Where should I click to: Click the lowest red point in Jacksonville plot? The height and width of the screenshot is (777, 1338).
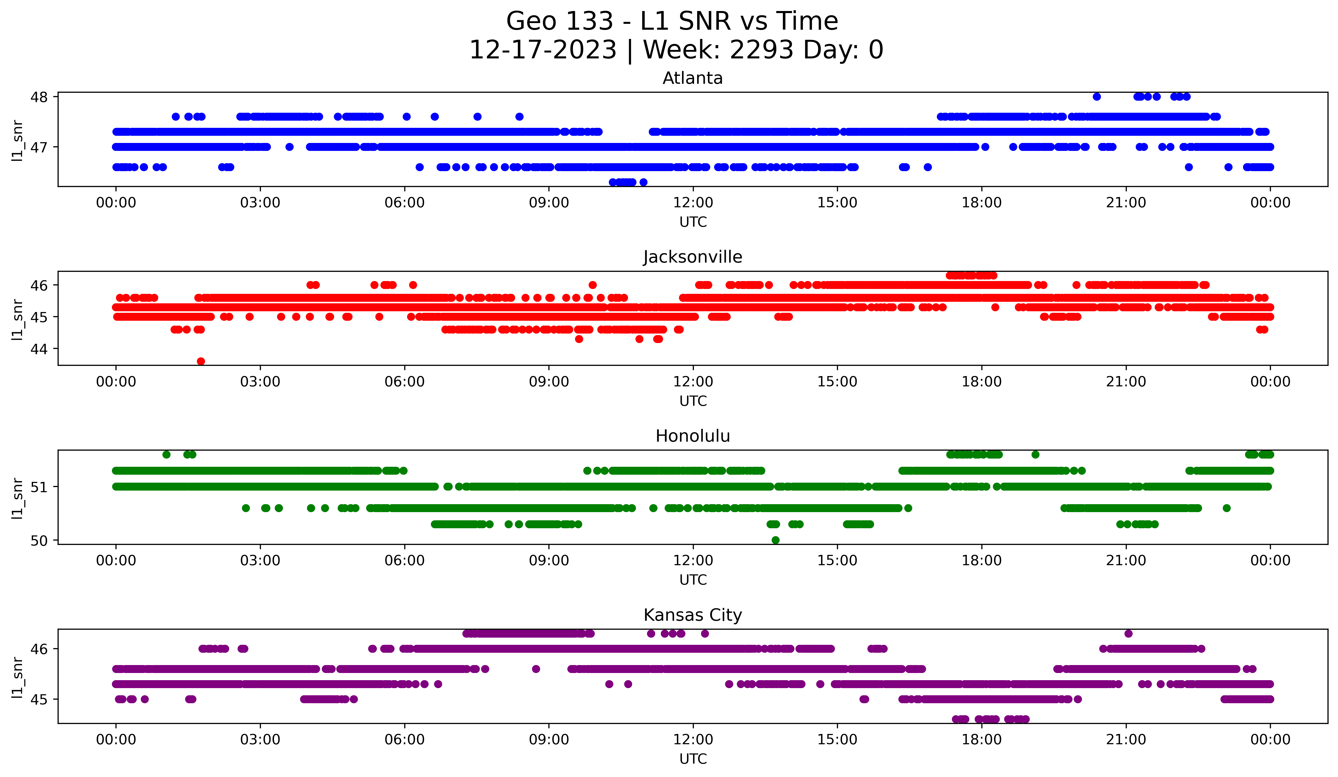[x=201, y=361]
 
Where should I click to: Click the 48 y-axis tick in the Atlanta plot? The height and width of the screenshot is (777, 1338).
[x=39, y=97]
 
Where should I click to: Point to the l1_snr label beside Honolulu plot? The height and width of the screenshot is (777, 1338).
[x=17, y=498]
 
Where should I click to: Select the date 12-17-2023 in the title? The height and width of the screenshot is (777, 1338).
[x=543, y=50]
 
